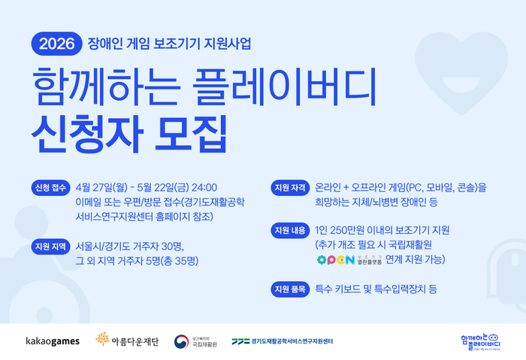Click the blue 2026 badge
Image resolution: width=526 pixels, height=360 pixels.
point(56,43)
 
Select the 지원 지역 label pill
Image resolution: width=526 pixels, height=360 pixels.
point(50,247)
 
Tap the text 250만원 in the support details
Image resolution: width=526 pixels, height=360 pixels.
point(348,231)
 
